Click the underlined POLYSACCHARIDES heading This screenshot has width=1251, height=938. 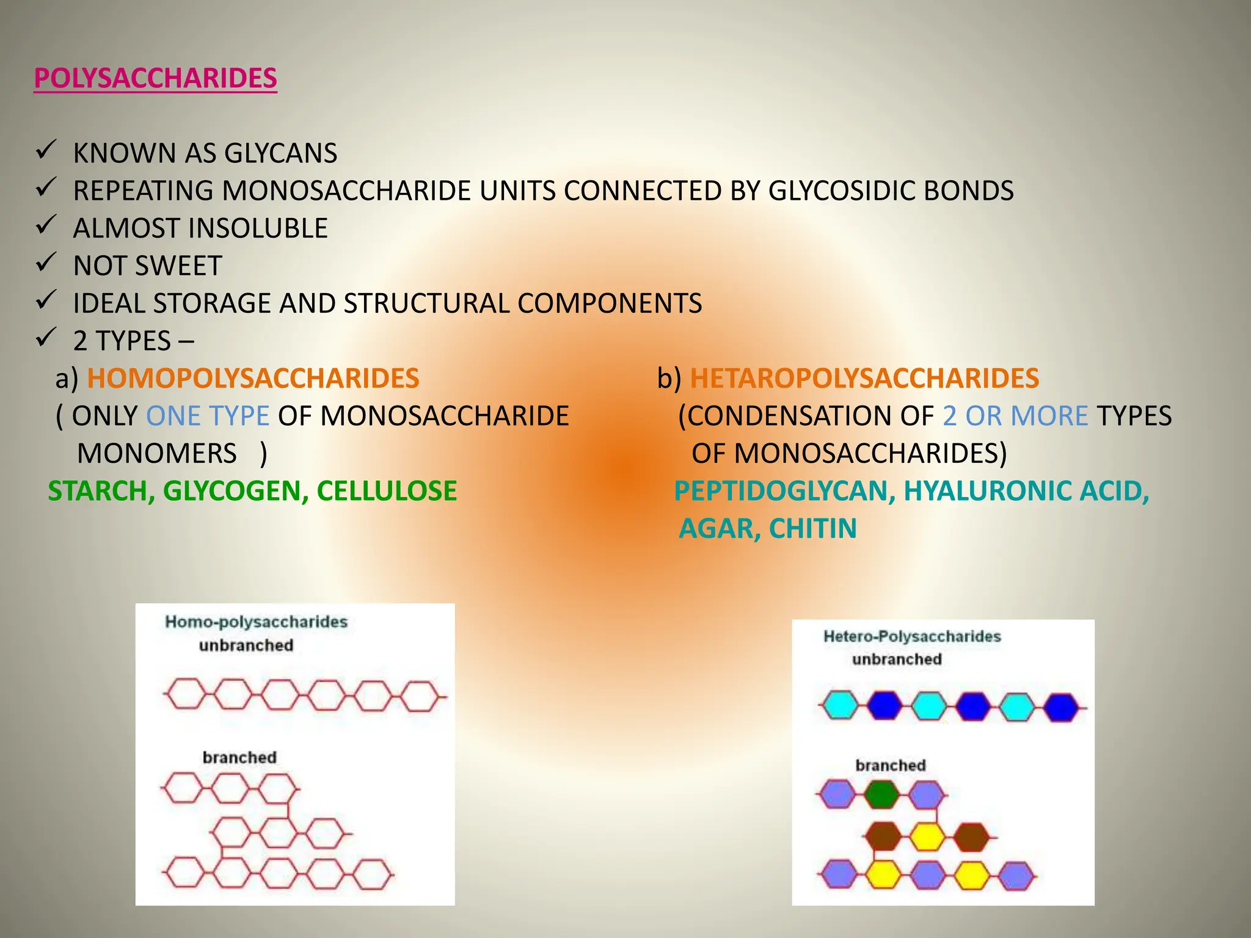click(155, 78)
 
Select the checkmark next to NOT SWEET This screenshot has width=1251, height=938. click(46, 263)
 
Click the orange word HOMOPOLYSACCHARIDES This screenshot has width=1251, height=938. click(253, 378)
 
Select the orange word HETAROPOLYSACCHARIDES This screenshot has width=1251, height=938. click(864, 378)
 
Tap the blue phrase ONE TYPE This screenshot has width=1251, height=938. click(208, 416)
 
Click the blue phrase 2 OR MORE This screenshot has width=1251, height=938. click(1015, 416)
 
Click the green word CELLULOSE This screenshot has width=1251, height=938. click(386, 491)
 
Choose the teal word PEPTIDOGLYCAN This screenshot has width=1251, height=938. click(784, 491)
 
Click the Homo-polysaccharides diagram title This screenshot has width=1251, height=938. click(256, 622)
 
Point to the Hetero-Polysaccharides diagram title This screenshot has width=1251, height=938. click(912, 636)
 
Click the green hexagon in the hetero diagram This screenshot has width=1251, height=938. click(882, 794)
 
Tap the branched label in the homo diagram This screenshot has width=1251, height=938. click(239, 757)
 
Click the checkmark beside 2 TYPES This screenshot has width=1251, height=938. click(46, 338)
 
